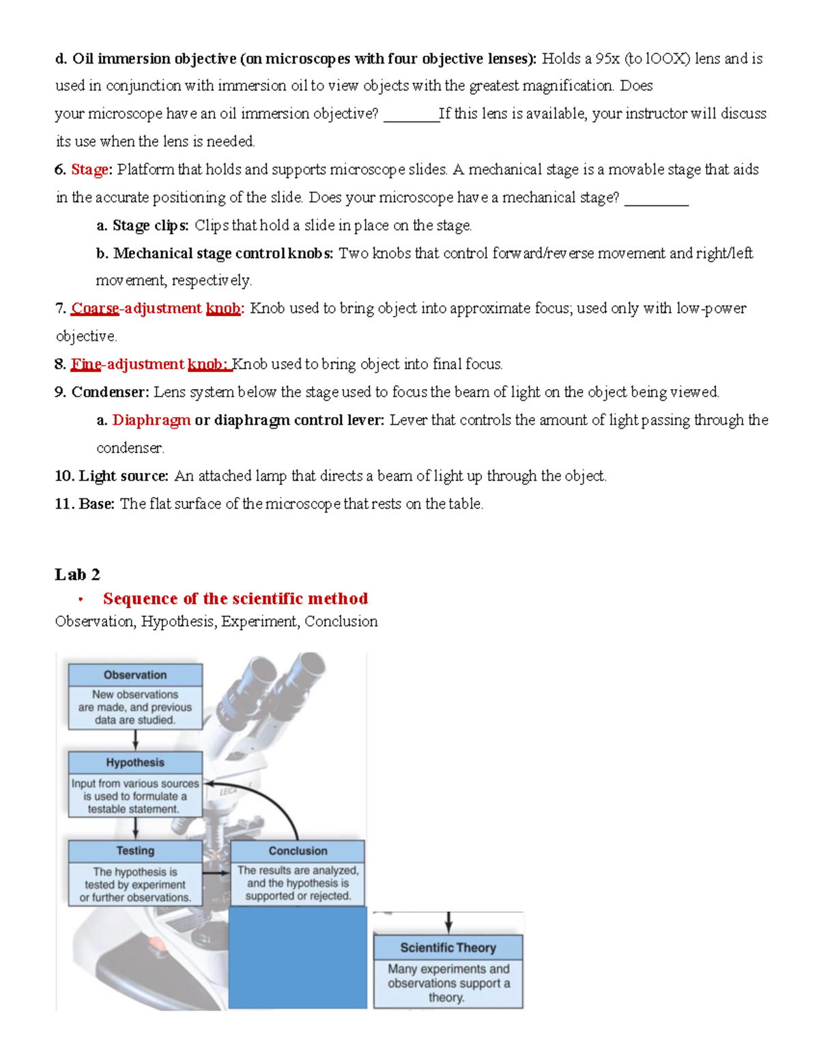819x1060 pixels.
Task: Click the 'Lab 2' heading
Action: click(77, 574)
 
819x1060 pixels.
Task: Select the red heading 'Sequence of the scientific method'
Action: click(235, 599)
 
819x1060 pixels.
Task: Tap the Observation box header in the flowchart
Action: click(135, 674)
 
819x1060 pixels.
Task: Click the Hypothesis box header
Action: click(135, 762)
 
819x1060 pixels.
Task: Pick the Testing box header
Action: click(135, 850)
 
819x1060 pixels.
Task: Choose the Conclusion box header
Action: click(298, 850)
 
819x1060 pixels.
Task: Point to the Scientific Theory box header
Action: click(448, 947)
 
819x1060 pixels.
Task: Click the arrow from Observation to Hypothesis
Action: click(135, 740)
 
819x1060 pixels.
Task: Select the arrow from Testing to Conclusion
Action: click(216, 872)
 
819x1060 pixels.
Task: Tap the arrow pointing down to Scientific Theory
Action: click(448, 922)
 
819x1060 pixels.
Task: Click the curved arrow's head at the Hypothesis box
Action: click(209, 784)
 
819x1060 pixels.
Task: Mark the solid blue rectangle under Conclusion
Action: click(298, 957)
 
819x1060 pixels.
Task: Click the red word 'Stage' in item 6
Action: click(89, 169)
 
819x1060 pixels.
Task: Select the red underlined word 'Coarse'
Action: click(95, 309)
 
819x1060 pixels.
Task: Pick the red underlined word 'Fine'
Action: click(86, 364)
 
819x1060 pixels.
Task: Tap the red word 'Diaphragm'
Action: click(151, 420)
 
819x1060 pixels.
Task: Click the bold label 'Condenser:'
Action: click(110, 392)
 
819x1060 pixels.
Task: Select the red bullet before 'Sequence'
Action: click(81, 600)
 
